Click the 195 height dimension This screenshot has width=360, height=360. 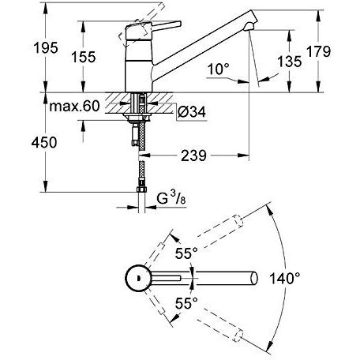point(46,48)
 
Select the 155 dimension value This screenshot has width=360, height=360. point(84,57)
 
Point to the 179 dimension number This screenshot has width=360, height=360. point(318,51)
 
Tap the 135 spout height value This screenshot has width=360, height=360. point(290,62)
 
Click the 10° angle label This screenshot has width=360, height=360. point(218,69)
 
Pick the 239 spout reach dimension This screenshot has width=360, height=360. point(193,156)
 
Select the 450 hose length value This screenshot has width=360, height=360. point(44,143)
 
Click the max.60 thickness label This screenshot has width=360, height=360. point(74,107)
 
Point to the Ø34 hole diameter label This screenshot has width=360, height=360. point(192,112)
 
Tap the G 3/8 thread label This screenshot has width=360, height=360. point(171,198)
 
